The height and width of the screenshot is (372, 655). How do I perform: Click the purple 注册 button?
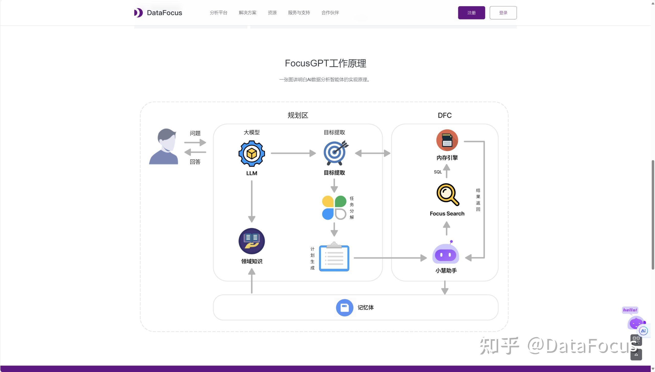[471, 13]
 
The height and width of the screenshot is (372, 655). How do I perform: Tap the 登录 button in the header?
[503, 13]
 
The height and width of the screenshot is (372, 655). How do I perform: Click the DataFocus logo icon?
[138, 13]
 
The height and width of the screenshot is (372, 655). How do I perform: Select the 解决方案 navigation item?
[247, 13]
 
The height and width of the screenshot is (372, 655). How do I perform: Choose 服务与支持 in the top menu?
[299, 13]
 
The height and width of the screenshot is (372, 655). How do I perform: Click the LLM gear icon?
[252, 154]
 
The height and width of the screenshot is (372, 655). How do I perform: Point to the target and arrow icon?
[335, 153]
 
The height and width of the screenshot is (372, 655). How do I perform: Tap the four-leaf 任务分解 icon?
[334, 207]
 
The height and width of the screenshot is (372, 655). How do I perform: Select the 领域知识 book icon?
[252, 241]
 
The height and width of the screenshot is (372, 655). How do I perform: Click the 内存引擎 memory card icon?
[447, 140]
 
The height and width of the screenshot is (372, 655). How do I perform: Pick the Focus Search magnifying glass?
[447, 194]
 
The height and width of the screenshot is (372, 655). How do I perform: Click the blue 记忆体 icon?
[344, 308]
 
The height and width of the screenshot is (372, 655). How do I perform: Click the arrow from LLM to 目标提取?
[293, 153]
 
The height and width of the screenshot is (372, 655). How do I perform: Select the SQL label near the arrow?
[438, 172]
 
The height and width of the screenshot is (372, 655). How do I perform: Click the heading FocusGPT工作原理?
[325, 63]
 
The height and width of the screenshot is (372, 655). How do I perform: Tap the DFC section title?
[444, 115]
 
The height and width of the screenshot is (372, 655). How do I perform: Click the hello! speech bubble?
[630, 310]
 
